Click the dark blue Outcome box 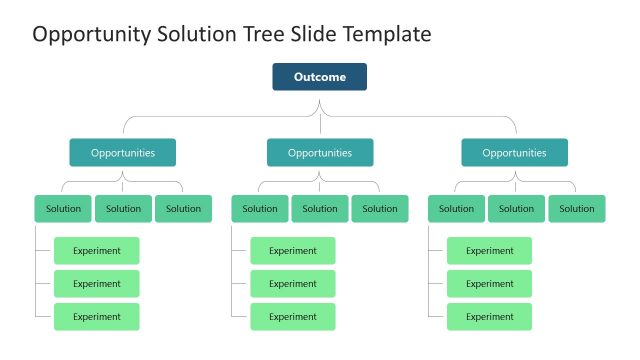point(319,77)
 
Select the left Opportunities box point(123,153)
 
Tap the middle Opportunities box point(320,153)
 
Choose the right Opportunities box point(514,153)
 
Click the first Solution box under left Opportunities point(63,209)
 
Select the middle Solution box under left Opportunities point(123,209)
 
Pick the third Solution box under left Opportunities point(183,209)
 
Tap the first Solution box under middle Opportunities point(260,209)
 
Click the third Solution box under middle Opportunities point(380,209)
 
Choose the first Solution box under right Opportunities point(456,209)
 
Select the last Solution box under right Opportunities point(576,209)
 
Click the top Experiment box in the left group point(96,251)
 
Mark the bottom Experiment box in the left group point(96,317)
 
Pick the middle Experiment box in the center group point(293,284)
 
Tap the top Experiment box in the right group point(489,251)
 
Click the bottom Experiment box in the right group point(489,317)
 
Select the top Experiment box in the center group point(293,251)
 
